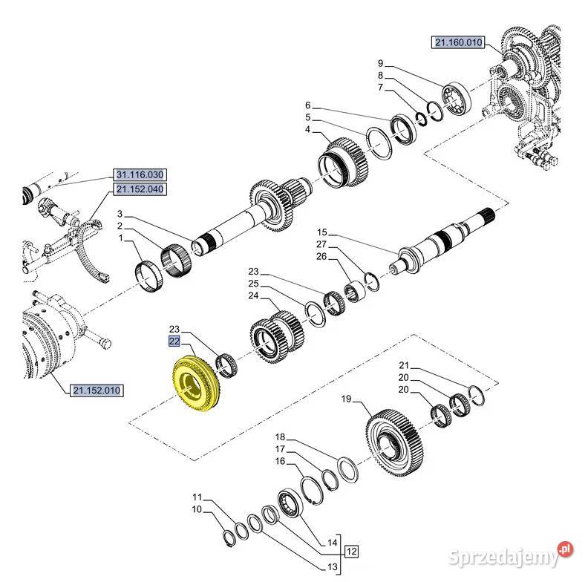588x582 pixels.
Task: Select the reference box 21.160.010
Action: (458, 42)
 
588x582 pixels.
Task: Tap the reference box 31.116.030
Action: (140, 174)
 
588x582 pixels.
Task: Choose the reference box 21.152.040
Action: (140, 189)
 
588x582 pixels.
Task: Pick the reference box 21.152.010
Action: (97, 390)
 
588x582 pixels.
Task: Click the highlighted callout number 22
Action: (174, 341)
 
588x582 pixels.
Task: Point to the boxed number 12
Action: (351, 552)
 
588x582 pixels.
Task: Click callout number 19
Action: (346, 399)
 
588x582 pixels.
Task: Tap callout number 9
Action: (381, 63)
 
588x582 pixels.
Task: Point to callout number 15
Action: (322, 232)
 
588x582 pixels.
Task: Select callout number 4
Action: (308, 129)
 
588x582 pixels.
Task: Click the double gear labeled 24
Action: (277, 337)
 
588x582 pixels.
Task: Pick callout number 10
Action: (197, 509)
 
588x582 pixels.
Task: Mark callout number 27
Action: (321, 244)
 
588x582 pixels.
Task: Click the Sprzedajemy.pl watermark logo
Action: (510, 554)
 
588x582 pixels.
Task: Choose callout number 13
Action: (333, 566)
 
